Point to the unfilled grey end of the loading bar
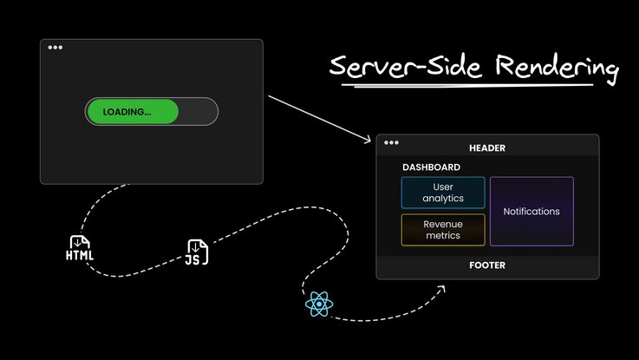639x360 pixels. point(199,112)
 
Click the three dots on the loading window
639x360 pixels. point(55,48)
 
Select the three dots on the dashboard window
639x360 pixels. point(391,142)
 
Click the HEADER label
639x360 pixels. point(486,148)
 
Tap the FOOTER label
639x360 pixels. point(486,265)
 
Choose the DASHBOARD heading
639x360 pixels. point(431,167)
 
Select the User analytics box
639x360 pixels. point(443,193)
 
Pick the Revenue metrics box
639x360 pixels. point(443,230)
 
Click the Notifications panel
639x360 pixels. point(531,212)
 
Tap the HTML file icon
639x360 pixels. point(80,248)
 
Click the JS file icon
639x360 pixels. point(197,252)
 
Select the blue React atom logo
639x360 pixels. point(319,303)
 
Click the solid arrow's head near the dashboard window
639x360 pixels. point(368,140)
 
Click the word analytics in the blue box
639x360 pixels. point(443,199)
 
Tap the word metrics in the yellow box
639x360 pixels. point(443,236)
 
